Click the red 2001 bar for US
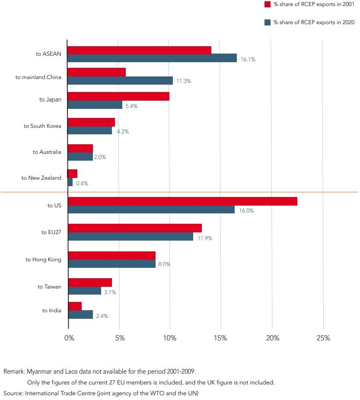(x=182, y=201)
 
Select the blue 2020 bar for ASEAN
(x=152, y=58)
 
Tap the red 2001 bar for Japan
(x=118, y=96)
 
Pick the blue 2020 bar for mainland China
(x=120, y=80)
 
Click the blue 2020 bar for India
(x=81, y=314)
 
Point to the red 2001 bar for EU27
(x=135, y=228)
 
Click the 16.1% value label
(x=248, y=60)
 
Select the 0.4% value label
(x=82, y=183)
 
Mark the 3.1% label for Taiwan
(x=110, y=292)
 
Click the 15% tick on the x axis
(x=221, y=338)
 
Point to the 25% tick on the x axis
(x=323, y=338)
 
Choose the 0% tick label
(x=69, y=338)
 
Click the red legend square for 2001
(x=267, y=4)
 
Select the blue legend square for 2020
(x=267, y=22)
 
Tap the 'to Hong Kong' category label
(x=43, y=260)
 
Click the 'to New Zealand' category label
(x=41, y=178)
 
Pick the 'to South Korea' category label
(x=42, y=126)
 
